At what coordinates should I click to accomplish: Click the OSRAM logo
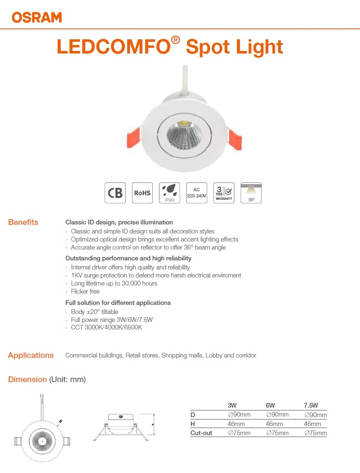coord(37,18)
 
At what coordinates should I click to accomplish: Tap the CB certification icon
coord(115,193)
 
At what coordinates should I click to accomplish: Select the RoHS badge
coord(142,193)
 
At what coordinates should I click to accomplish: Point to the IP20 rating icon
coord(169,193)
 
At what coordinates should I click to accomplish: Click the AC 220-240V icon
coord(196,193)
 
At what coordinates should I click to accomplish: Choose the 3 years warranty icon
coord(224,193)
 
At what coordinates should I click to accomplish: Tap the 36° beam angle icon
coord(251,193)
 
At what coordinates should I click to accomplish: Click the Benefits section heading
coord(23,222)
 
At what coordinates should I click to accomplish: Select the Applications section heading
coord(31,355)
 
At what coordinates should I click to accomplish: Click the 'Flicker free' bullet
coord(85,291)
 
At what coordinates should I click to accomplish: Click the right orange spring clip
coord(235,138)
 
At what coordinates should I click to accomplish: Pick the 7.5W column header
coord(311,406)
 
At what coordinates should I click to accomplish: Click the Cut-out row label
coord(201,433)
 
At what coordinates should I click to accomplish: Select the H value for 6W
coord(274,424)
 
